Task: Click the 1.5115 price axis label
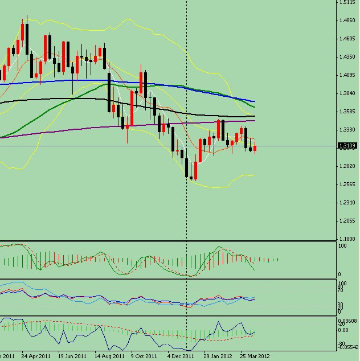[347, 2]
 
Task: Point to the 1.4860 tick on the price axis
[347, 20]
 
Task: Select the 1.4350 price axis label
[347, 57]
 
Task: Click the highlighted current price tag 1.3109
[347, 146]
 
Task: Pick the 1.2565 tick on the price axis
[347, 184]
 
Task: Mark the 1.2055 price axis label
[347, 221]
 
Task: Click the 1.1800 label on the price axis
[347, 239]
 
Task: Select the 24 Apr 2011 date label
[35, 356]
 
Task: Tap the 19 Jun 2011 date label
[72, 356]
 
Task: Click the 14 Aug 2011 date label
[109, 356]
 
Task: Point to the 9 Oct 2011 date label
[144, 356]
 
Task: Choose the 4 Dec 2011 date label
[181, 356]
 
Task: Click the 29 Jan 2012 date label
[218, 356]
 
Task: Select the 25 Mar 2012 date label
[255, 356]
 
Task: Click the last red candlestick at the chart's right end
[255, 149]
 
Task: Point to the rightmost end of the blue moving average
[254, 100]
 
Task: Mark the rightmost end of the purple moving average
[254, 121]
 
